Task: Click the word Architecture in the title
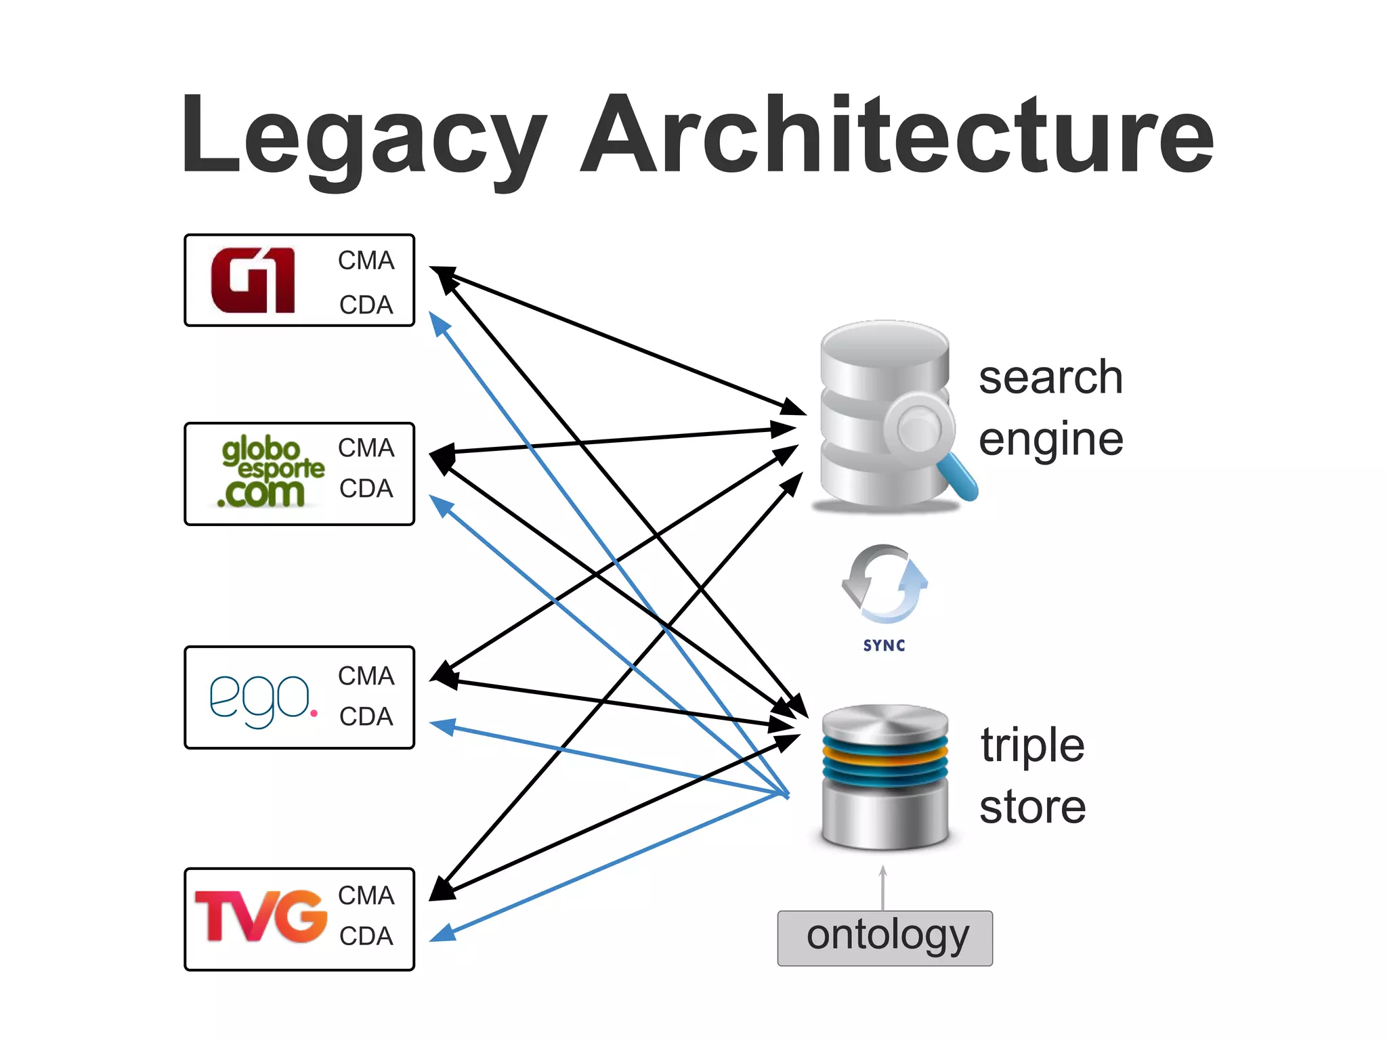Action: click(897, 135)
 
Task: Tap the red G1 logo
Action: click(253, 280)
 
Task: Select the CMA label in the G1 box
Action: click(366, 260)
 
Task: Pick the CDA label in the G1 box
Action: click(366, 305)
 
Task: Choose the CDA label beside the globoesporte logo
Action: click(366, 488)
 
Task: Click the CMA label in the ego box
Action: click(366, 676)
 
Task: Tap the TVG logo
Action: click(261, 916)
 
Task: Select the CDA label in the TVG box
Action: click(366, 936)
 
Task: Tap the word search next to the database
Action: click(1050, 377)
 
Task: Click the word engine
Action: click(1050, 439)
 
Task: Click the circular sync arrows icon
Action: click(884, 584)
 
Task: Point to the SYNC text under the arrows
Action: click(884, 645)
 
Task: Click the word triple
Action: click(1032, 745)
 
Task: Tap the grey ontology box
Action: click(884, 938)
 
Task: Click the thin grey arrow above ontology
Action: click(882, 887)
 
